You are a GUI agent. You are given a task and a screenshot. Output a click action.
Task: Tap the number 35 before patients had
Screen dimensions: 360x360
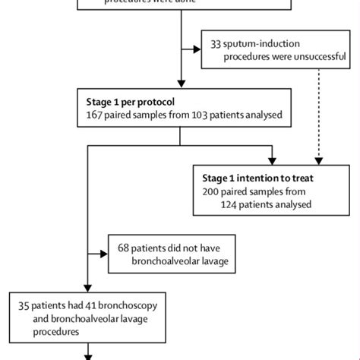tap(25, 305)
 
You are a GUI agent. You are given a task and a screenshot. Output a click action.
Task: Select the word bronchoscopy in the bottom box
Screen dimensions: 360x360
tap(147, 305)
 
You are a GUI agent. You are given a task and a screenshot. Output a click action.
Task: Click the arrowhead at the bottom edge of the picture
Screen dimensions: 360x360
tap(90, 355)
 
